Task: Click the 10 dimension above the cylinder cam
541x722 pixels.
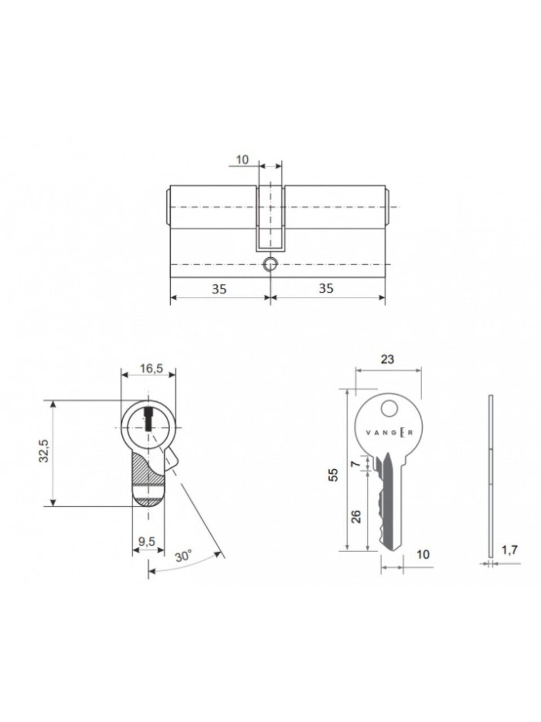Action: click(242, 160)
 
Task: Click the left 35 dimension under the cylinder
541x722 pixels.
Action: click(219, 289)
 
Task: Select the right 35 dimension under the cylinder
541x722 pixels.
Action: click(326, 288)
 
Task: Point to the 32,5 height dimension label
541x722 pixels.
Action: click(44, 451)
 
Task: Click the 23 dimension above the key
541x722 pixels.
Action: click(387, 359)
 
